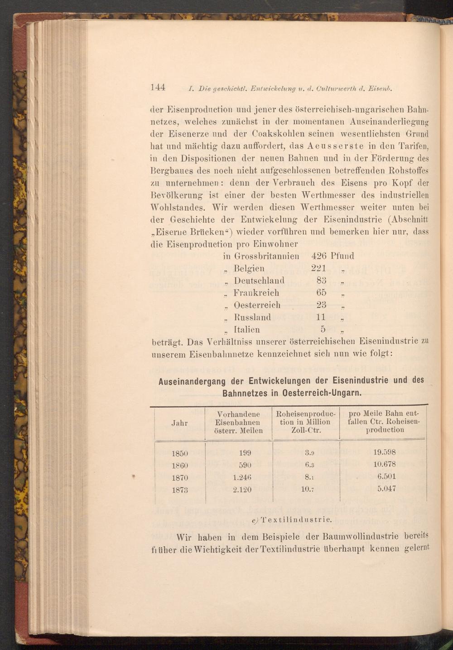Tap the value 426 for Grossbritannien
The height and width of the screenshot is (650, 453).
coord(319,256)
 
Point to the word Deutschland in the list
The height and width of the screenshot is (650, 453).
coord(259,281)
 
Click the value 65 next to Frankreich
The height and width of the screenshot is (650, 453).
coord(321,293)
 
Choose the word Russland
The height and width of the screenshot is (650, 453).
coord(252,317)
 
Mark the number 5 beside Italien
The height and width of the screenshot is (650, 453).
coord(323,330)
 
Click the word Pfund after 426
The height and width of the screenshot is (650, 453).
coord(342,256)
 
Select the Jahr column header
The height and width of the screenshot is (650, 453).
coord(180,422)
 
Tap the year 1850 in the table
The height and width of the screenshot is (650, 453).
coord(180,452)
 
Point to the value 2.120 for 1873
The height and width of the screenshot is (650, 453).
coord(242,490)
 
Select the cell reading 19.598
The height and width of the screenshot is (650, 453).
coord(385,452)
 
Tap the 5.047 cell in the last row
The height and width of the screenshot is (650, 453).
coord(386,489)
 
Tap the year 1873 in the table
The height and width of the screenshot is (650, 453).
coord(180,490)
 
